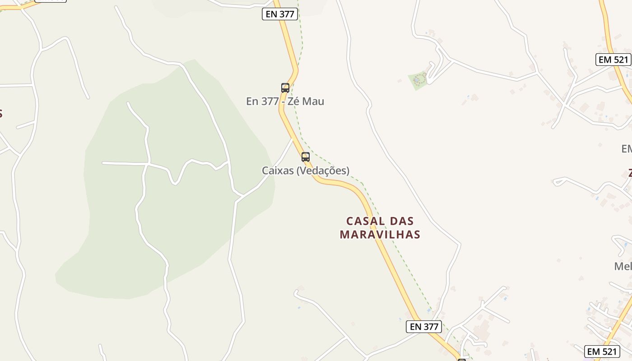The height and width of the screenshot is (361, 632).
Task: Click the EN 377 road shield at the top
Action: (280, 14)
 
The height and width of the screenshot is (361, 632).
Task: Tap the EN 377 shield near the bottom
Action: (423, 326)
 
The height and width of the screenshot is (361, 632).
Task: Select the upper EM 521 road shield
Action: (613, 60)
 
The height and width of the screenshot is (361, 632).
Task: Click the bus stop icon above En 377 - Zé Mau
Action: (285, 88)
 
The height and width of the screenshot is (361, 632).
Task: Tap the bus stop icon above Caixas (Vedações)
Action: (306, 157)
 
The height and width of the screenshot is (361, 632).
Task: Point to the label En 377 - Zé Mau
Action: (285, 101)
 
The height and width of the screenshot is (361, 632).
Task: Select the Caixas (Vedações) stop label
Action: (306, 171)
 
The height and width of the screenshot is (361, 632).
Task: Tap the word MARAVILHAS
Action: (380, 235)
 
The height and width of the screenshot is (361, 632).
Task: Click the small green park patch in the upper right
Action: (418, 80)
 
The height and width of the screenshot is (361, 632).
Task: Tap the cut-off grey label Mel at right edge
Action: (623, 266)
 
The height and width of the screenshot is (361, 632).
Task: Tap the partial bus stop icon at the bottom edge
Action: (461, 360)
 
